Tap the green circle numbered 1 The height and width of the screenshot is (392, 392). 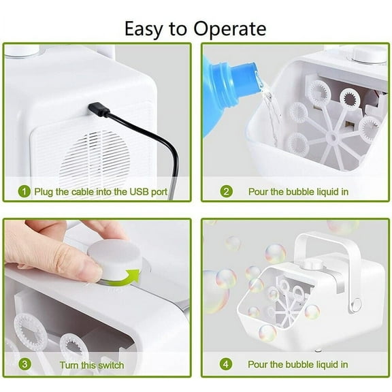click(25, 192)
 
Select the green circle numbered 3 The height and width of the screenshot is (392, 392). click(25, 364)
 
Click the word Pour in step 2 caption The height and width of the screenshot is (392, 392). click(259, 192)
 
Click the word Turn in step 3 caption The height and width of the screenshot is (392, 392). click(72, 364)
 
